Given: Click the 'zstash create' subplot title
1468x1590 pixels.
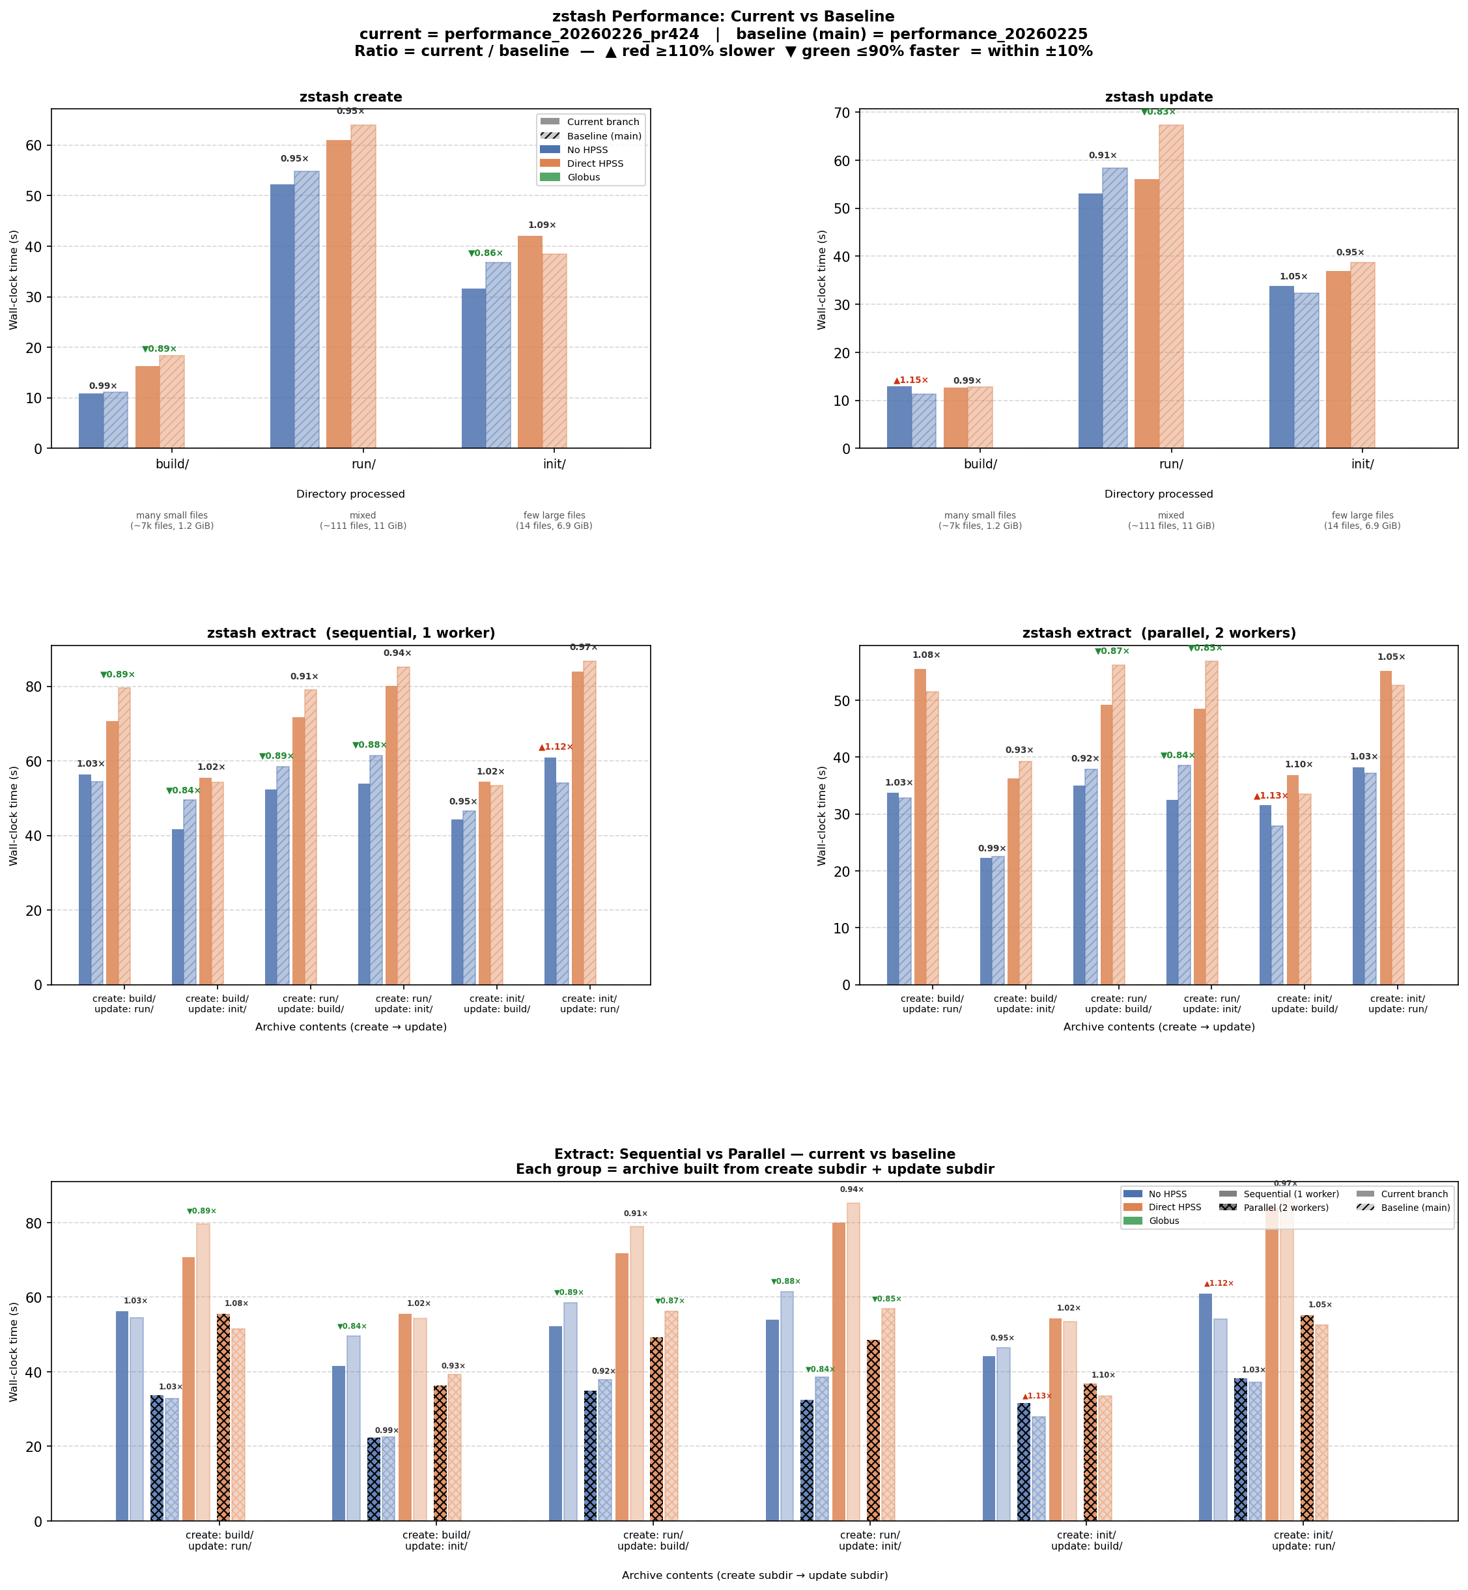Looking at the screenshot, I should [350, 97].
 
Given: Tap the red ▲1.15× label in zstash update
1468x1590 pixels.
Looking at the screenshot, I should [910, 380].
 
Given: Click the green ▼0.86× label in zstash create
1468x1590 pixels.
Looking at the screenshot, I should [485, 253].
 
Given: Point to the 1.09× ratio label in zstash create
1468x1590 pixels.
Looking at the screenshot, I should [542, 225].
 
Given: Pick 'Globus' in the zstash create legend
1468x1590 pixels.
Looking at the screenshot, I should [584, 177].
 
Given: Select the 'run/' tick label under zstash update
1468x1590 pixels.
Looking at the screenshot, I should [1171, 464].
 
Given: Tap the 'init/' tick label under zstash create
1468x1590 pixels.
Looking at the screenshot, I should [554, 464].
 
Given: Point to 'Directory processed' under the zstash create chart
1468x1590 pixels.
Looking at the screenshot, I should [350, 494].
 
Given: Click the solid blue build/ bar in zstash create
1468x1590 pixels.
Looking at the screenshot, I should [91, 421].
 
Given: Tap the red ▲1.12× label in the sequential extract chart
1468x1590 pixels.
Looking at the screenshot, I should [556, 747].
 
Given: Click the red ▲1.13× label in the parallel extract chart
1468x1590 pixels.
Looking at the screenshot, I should [1271, 796].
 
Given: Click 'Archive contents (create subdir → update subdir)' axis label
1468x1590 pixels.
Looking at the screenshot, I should [755, 1575].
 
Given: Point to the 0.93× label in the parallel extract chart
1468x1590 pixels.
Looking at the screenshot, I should [1019, 750].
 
